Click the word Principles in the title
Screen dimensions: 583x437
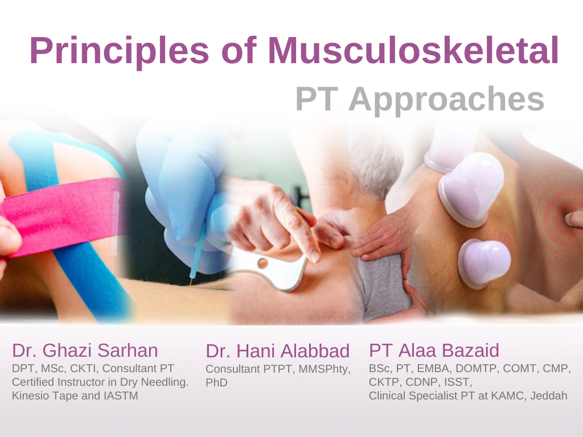pyautogui.click(x=120, y=51)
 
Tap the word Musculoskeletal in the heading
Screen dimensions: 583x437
pyautogui.click(x=413, y=51)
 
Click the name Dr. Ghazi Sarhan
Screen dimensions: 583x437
pyautogui.click(x=85, y=350)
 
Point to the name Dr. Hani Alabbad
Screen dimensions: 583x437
pyautogui.click(x=278, y=351)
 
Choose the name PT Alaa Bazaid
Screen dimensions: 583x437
pyautogui.click(x=434, y=350)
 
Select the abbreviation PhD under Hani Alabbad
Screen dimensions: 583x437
pyautogui.click(x=216, y=382)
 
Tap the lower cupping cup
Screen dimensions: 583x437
pyautogui.click(x=484, y=263)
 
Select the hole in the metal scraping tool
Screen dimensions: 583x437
pyautogui.click(x=262, y=263)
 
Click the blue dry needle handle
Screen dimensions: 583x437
pyautogui.click(x=196, y=252)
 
